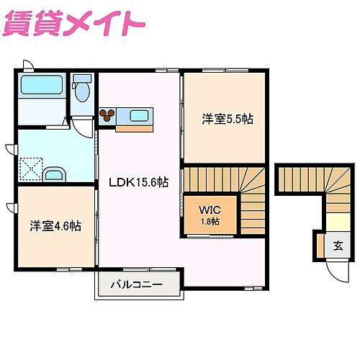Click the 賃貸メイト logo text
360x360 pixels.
72,24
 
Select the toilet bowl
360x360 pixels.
82,91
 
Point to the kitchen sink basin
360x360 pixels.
139,114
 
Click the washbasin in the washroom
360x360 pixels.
54,174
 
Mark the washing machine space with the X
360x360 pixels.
30,168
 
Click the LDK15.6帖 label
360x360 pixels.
138,183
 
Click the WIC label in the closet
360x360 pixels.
211,210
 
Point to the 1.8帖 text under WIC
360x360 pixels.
210,221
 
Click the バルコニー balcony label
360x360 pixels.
136,284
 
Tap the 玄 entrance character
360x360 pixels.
338,246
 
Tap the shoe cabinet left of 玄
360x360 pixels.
318,245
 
